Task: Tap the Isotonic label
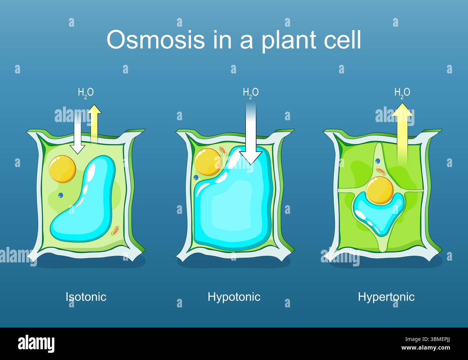tap(86, 297)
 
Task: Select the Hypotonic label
tap(234, 297)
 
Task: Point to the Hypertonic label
tap(386, 297)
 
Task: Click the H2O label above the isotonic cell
tap(86, 93)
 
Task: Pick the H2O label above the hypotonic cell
tap(251, 93)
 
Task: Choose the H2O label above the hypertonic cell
tap(402, 93)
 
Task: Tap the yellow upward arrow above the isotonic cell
tap(94, 122)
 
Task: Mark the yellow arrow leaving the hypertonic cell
tap(402, 133)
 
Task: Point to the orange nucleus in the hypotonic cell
tap(207, 162)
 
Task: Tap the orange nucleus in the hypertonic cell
tap(380, 190)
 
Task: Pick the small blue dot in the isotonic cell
tap(60, 195)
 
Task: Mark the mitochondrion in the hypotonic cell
tap(224, 150)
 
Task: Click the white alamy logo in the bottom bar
tap(36, 344)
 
